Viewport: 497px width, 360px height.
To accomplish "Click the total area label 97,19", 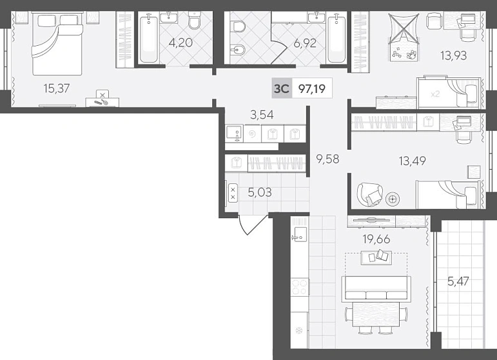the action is pos(312,88).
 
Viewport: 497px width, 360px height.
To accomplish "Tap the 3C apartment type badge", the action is pos(282,88).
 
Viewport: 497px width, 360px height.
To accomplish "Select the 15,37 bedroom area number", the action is pos(57,88).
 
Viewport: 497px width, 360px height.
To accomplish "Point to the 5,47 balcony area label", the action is pos(458,281).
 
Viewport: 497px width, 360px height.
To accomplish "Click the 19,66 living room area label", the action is pos(376,239).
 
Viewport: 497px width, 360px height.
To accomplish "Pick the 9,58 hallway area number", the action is pos(327,158).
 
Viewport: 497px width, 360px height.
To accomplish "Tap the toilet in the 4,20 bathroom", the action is pos(194,20).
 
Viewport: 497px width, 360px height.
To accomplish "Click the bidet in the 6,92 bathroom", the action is pos(237,51).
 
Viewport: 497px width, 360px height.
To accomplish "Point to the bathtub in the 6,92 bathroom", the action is pos(336,39).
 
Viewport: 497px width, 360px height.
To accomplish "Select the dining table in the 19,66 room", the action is pos(376,314).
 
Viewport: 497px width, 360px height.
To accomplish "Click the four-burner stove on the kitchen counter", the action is pos(299,286).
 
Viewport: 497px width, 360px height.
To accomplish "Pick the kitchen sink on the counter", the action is pos(299,234).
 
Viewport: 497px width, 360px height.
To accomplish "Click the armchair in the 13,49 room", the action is pos(370,194).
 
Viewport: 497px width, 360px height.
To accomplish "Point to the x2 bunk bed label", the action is pos(435,94).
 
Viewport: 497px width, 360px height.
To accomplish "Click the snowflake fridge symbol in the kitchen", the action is pos(298,331).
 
